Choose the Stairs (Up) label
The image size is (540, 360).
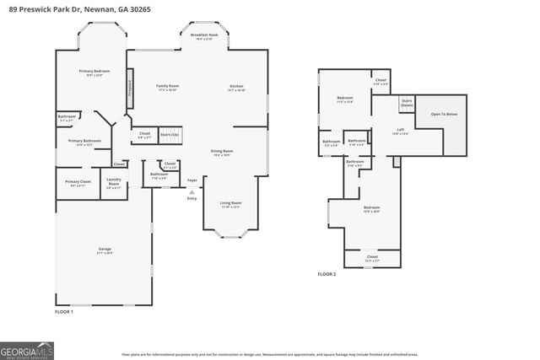(x=170, y=134)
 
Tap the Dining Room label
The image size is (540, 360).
(x=222, y=153)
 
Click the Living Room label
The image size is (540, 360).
(x=230, y=204)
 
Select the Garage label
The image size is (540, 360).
(x=105, y=250)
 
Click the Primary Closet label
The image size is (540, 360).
(x=78, y=182)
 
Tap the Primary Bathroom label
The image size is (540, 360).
(x=84, y=142)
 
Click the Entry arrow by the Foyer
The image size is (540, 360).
(x=192, y=192)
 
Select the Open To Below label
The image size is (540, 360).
(x=444, y=114)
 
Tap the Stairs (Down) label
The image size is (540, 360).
(x=407, y=102)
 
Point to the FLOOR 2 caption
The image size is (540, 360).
(x=327, y=275)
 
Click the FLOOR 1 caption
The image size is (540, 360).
(x=64, y=313)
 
